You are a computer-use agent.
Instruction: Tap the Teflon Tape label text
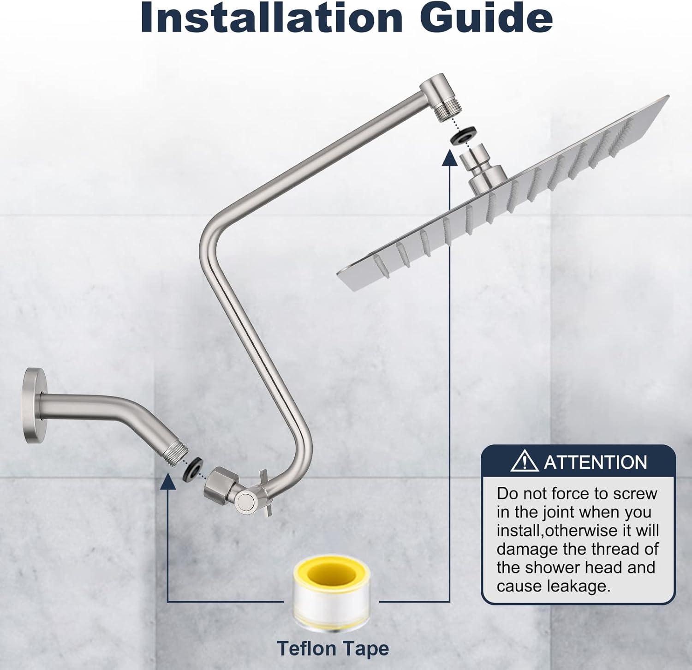pos(333,648)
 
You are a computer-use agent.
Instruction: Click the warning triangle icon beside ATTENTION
pos(525,461)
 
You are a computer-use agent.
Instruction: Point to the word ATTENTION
pos(596,462)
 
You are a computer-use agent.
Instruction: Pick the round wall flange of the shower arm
pos(32,406)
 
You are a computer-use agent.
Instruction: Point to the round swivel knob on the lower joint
pos(246,501)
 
